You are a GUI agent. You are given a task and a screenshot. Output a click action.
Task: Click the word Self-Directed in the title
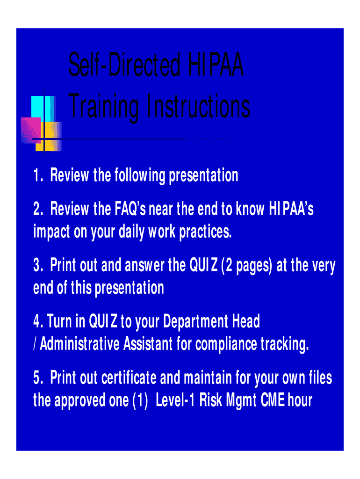[x=124, y=65]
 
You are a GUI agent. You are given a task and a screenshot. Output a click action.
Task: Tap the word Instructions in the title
[x=198, y=106]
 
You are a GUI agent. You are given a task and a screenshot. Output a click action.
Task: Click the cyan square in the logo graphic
[x=43, y=109]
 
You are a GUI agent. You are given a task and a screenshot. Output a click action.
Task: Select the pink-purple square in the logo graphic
[x=31, y=130]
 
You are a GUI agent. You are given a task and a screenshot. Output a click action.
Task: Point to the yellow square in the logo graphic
[x=49, y=136]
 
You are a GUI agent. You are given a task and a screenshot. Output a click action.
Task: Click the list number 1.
[x=37, y=175]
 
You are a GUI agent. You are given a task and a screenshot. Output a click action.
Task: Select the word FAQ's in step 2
[x=130, y=209]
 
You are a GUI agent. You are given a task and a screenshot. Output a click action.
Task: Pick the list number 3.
[x=38, y=265]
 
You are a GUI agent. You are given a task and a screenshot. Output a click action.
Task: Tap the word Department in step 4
[x=196, y=322]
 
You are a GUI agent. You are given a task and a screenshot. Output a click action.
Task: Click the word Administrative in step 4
[x=79, y=344]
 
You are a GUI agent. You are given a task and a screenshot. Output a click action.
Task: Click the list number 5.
[x=38, y=377]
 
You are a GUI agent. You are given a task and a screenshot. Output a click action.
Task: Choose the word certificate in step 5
[x=129, y=377]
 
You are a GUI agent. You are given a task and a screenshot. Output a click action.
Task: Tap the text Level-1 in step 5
[x=175, y=400]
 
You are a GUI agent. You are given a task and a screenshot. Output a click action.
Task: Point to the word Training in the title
[x=103, y=107]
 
